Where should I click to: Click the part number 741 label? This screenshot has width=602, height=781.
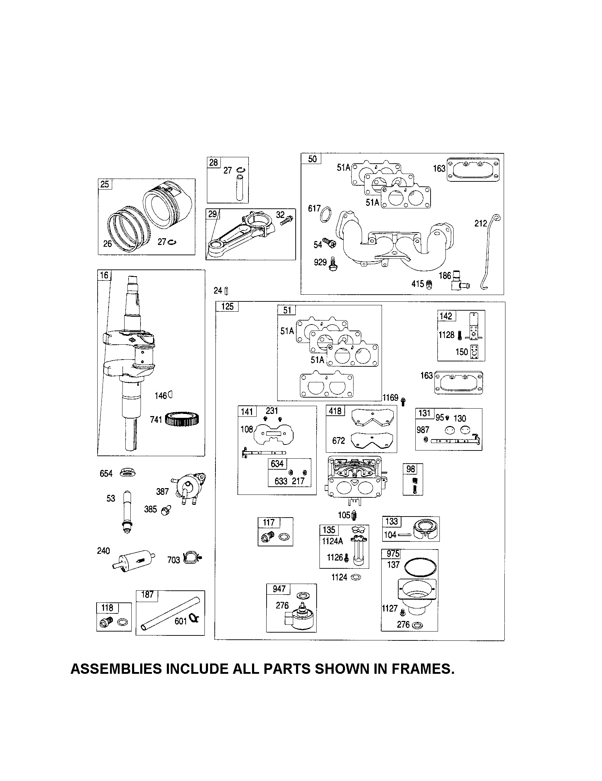156,420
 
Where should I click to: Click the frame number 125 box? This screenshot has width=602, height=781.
228,306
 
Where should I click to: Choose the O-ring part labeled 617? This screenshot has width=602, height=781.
325,214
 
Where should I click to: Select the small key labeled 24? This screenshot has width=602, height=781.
227,291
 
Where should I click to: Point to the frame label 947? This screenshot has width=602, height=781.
279,589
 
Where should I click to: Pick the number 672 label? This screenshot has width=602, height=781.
338,441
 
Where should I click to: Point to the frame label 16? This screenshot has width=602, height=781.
104,275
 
